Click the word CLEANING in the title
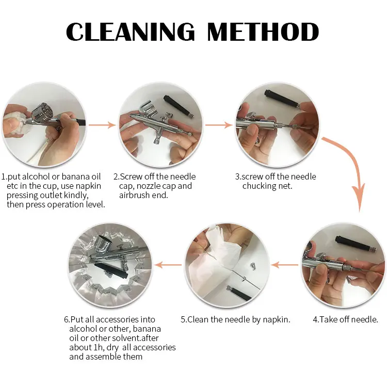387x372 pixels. (x=131, y=31)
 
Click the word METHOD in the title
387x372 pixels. (x=263, y=31)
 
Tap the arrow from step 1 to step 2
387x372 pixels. (x=102, y=125)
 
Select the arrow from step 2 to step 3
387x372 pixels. (x=219, y=125)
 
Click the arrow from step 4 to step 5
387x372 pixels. (x=284, y=265)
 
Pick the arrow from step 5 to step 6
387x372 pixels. (x=168, y=265)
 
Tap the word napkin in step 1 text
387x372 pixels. (x=88, y=186)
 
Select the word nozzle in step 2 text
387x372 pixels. (x=148, y=186)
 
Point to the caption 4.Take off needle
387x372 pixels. (x=345, y=319)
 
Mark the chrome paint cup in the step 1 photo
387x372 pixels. (x=43, y=114)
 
